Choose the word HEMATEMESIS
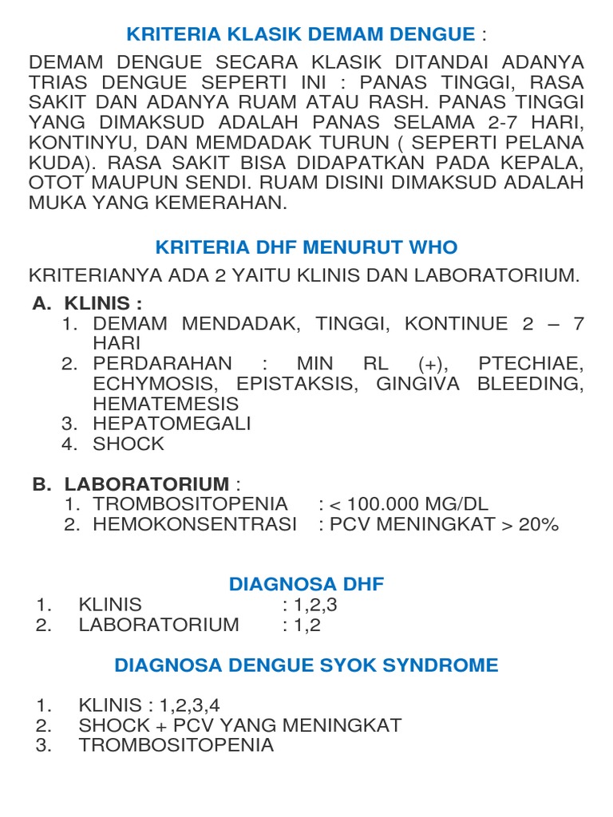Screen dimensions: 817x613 (165, 404)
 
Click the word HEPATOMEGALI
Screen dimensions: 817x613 (172, 424)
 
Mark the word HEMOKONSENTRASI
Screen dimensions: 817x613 (195, 524)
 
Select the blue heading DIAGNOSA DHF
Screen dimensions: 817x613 (306, 584)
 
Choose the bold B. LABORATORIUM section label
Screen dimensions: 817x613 (138, 483)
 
